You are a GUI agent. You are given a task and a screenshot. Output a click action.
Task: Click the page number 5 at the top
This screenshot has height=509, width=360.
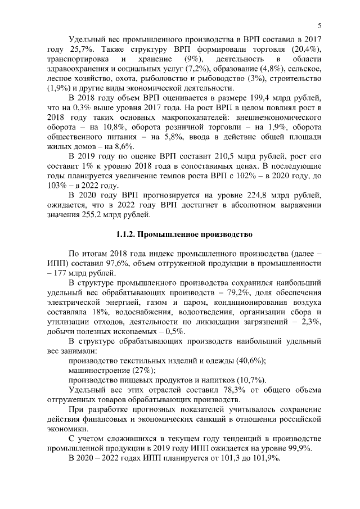coord(319,25)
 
